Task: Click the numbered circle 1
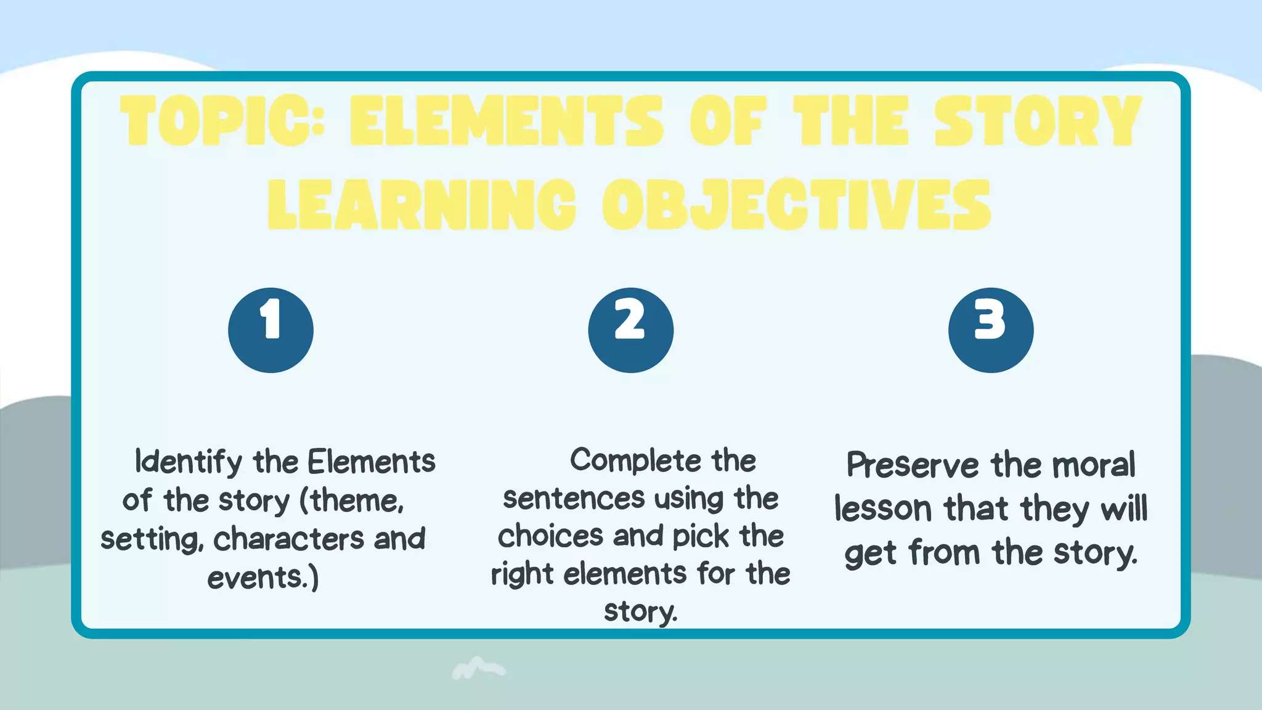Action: coord(271,330)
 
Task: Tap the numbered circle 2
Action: coord(630,330)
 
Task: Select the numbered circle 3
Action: coord(990,330)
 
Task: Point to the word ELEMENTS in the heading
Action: coord(507,121)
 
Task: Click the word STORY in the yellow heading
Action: coord(1038,121)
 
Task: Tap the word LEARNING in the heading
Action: coord(422,205)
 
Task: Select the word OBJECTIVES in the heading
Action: coord(797,205)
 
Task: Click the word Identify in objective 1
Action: coord(189,462)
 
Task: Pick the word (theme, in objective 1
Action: coord(352,500)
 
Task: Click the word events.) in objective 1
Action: coord(263,578)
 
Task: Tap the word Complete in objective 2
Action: coord(635,461)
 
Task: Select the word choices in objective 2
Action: coord(550,536)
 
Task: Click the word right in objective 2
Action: coord(522,574)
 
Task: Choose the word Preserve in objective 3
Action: coord(912,465)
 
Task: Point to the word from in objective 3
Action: coord(944,553)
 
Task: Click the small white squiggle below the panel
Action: coord(478,668)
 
